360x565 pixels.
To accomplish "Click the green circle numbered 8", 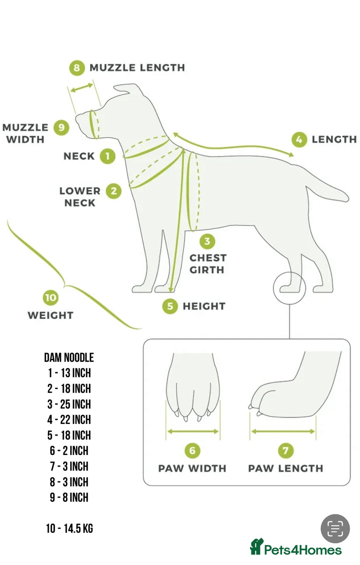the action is click(77, 68).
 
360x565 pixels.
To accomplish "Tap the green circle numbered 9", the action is click(61, 127).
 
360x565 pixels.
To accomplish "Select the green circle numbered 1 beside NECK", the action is click(107, 156).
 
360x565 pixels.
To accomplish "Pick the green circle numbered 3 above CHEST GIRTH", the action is click(207, 241).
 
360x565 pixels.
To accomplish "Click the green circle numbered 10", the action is click(51, 298).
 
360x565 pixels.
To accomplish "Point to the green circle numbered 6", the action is click(192, 450).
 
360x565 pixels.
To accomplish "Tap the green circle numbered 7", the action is click(286, 450).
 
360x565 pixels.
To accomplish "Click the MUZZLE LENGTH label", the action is click(137, 68).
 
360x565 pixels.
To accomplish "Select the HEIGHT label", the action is click(204, 306).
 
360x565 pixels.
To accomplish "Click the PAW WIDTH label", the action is click(192, 468).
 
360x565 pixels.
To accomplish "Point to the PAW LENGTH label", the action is click(286, 468).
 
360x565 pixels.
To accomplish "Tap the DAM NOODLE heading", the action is click(69, 357).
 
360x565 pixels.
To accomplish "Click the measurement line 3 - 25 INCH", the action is click(69, 404).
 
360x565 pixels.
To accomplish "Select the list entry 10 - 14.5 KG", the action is click(69, 528).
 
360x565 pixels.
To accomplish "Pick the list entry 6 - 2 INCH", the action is click(69, 451).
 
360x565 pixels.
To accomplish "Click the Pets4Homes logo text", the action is click(303, 550).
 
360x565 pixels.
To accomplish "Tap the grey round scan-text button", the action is click(335, 529).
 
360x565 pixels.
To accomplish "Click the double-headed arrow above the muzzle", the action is click(81, 88).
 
